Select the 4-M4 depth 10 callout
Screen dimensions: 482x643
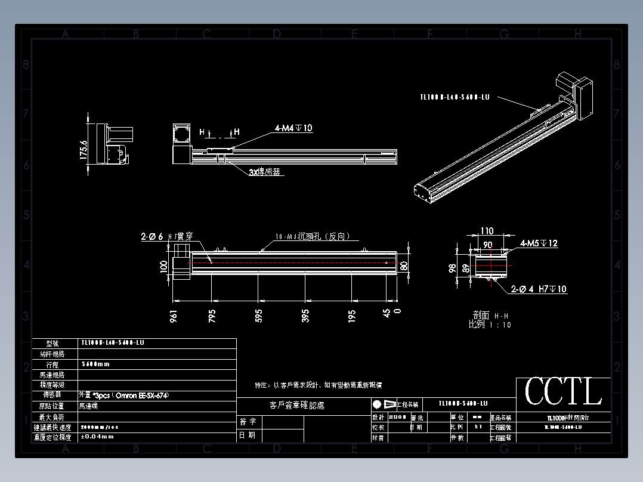coord(293,128)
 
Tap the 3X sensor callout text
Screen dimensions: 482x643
coord(264,172)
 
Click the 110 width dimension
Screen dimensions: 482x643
coord(487,231)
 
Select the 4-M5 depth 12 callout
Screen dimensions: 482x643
coord(539,243)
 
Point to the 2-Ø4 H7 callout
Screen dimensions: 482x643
coord(539,289)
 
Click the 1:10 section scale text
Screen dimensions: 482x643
coord(490,325)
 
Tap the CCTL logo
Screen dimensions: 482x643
coord(563,391)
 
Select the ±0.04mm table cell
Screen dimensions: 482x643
coord(97,437)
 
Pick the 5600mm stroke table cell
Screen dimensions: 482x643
coord(95,364)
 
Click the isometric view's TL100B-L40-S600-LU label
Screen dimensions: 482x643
coord(455,97)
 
